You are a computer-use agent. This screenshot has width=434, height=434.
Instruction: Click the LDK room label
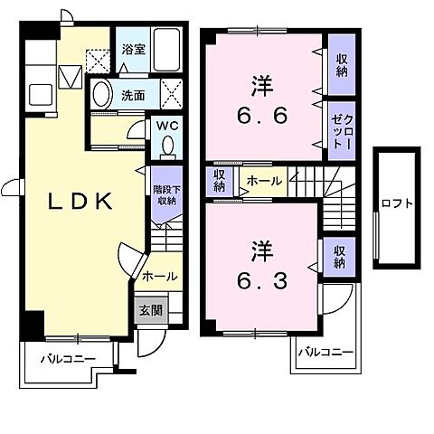pos(80,202)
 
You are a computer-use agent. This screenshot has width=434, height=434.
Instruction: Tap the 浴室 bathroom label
pos(134,49)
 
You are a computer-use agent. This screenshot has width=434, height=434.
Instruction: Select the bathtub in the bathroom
pos(166,50)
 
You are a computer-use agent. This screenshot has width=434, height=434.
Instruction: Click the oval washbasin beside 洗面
pos(100,93)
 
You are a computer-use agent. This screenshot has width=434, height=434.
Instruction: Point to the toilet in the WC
pos(167,147)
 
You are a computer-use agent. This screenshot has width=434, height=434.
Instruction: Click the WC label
pos(167,126)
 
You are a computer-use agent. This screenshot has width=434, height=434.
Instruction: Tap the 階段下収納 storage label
pos(166,195)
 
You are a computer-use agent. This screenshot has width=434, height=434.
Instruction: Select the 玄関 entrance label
pos(151,310)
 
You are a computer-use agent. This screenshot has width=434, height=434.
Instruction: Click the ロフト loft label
pos(397,203)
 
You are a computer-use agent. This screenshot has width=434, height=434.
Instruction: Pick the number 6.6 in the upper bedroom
pos(262,116)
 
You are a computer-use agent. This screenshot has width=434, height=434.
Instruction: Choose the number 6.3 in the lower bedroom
pos(262,281)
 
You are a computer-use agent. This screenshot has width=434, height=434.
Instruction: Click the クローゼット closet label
pos(342,131)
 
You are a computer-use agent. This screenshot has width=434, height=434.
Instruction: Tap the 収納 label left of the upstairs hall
pos(220,181)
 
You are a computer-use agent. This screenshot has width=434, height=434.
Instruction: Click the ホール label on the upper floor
pos(264,181)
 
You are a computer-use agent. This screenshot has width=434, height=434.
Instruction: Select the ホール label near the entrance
pos(159,276)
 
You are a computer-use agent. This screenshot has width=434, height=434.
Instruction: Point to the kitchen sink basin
pos(41,94)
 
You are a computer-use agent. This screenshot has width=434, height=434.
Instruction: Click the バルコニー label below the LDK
pos(68,359)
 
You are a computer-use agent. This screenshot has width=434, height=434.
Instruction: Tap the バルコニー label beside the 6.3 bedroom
pos(325,352)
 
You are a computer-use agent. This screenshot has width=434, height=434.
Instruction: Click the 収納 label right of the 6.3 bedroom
pos(339,257)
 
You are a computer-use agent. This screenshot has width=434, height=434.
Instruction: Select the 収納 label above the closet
pos(342,65)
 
